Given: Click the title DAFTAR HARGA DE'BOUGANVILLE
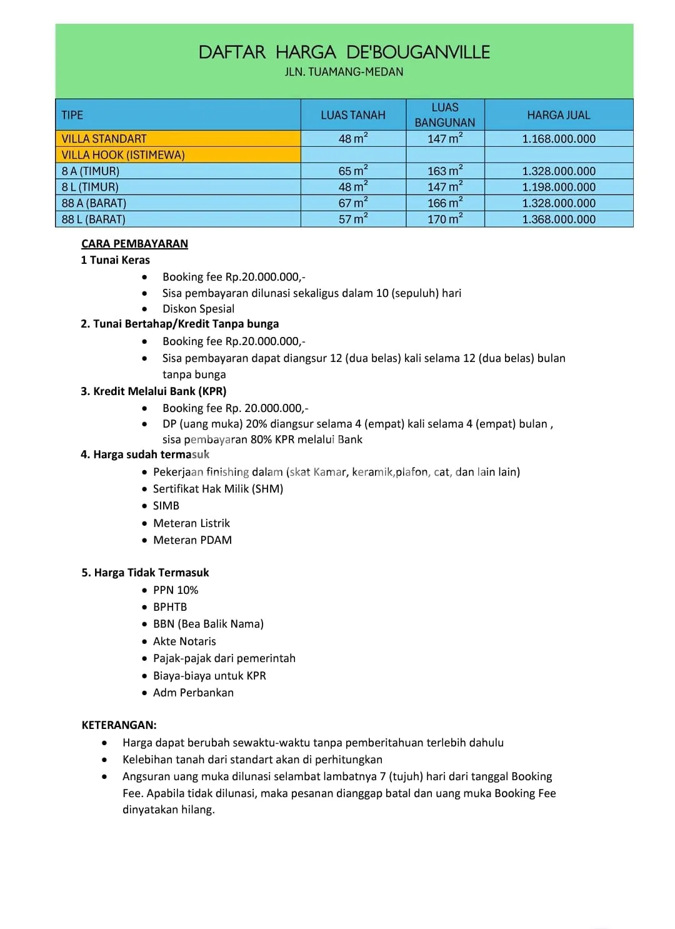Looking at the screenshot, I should (344, 52).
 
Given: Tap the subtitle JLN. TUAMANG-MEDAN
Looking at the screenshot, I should (344, 72).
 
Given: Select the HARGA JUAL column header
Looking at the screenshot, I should (558, 115).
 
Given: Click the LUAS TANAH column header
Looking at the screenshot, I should (353, 115).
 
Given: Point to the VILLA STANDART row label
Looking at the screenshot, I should (104, 139).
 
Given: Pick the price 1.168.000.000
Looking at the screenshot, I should (559, 139).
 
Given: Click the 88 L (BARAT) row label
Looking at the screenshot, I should (93, 219).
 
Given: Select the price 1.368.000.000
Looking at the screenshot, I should (559, 219).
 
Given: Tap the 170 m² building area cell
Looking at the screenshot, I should (445, 219).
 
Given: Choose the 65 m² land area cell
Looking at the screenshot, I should (353, 171).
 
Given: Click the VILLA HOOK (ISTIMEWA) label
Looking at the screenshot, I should (123, 155).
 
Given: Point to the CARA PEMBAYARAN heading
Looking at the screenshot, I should (134, 244).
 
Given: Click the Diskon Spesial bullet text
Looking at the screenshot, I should (198, 309).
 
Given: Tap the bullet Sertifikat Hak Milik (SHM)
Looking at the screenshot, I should (217, 489).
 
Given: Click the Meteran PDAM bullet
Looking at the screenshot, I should (192, 540).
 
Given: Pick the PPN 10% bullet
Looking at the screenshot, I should (175, 590).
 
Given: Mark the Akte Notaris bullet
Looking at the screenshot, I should (184, 641).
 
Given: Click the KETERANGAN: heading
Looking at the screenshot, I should (119, 725).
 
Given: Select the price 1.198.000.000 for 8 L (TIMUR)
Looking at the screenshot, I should (559, 187).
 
